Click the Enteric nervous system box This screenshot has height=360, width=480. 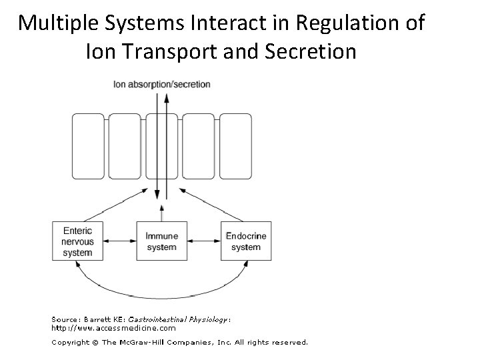pyautogui.click(x=78, y=240)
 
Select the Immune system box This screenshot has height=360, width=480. pyautogui.click(x=161, y=241)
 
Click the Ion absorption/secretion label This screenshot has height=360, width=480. pyautogui.click(x=162, y=85)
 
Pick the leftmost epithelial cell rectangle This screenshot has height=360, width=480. pyautogui.click(x=89, y=147)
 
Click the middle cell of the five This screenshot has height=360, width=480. pyautogui.click(x=162, y=147)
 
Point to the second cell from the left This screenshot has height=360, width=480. pyautogui.click(x=125, y=147)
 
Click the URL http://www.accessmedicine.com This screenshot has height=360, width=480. pyautogui.click(x=114, y=327)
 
